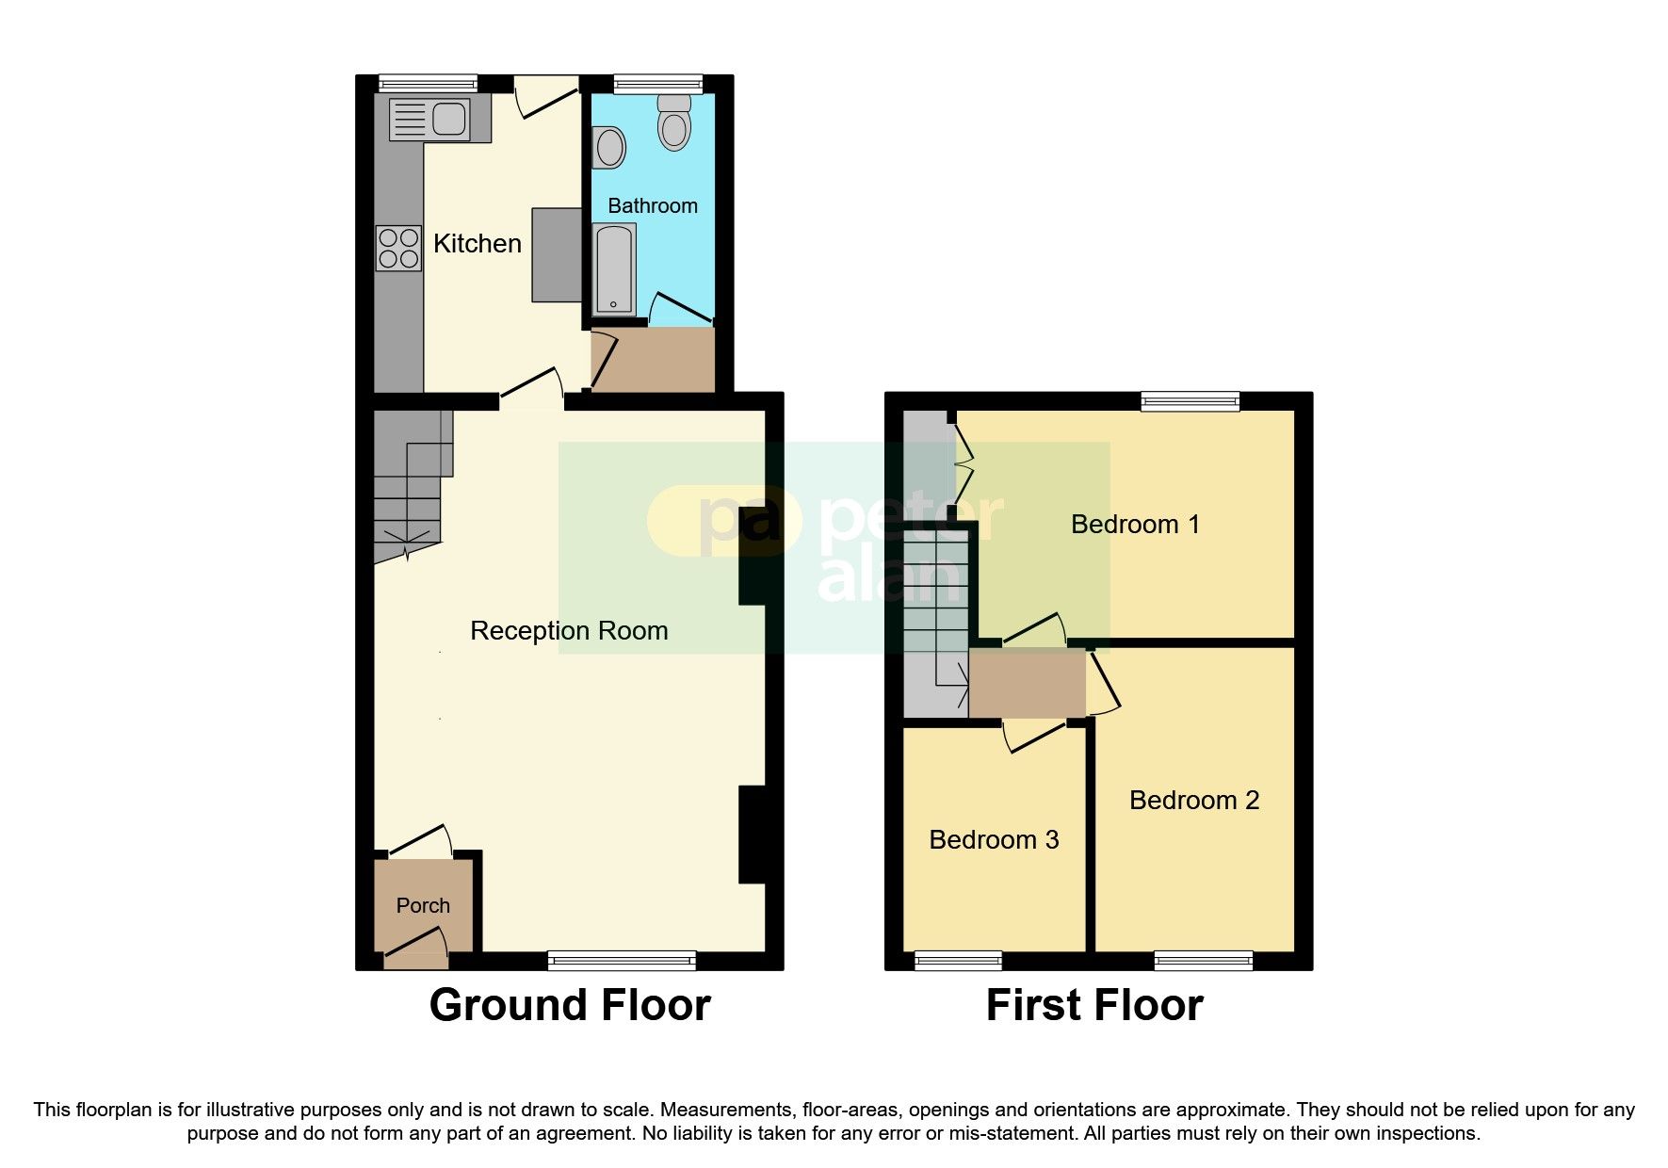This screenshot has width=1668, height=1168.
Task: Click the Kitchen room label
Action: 477,243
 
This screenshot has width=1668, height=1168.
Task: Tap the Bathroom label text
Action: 652,205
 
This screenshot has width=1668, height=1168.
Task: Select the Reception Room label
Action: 569,630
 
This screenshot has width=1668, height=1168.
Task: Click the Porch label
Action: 423,905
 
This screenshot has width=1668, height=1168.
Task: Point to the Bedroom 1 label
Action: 1135,524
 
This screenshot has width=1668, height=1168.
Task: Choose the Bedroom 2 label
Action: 1193,800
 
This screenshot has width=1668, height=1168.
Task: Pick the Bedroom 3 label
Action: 994,839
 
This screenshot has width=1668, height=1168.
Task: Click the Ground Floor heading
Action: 569,1004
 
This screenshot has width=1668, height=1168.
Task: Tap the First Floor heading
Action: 1093,1004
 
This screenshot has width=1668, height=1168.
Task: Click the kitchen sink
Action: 448,119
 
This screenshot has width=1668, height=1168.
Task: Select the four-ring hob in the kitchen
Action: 398,248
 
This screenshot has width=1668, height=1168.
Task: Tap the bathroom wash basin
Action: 609,148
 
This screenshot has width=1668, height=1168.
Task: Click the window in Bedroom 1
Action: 1190,401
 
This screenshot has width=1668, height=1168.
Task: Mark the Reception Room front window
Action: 622,961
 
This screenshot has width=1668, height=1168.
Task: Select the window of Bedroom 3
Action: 958,961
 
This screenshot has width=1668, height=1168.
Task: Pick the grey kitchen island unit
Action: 557,254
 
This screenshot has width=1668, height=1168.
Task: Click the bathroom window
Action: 657,84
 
